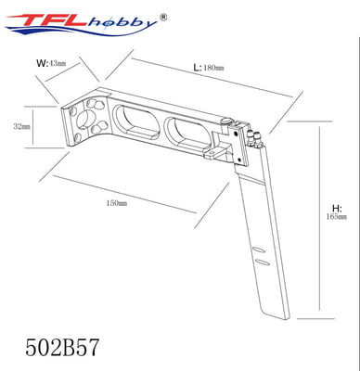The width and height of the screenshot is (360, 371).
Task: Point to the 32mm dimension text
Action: [20, 125]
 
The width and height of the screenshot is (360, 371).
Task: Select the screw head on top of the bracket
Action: [227, 122]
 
